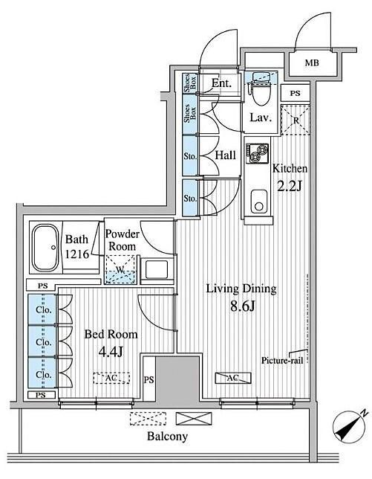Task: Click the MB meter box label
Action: (312, 63)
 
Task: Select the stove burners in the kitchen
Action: (258, 154)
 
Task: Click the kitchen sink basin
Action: (259, 202)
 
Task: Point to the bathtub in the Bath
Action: (46, 248)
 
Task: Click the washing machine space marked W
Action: (120, 270)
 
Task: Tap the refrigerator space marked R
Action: (296, 120)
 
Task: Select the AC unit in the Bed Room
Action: (111, 378)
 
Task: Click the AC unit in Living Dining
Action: (233, 378)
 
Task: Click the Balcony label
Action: (167, 436)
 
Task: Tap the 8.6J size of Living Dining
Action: (243, 306)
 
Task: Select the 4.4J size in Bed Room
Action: (111, 353)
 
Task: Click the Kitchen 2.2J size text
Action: (289, 186)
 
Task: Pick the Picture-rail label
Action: (282, 361)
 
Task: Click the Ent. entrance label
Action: (221, 83)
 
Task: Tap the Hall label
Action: (225, 155)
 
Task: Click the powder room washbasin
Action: (157, 269)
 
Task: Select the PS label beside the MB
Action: (295, 94)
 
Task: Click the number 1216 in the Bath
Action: (77, 254)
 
